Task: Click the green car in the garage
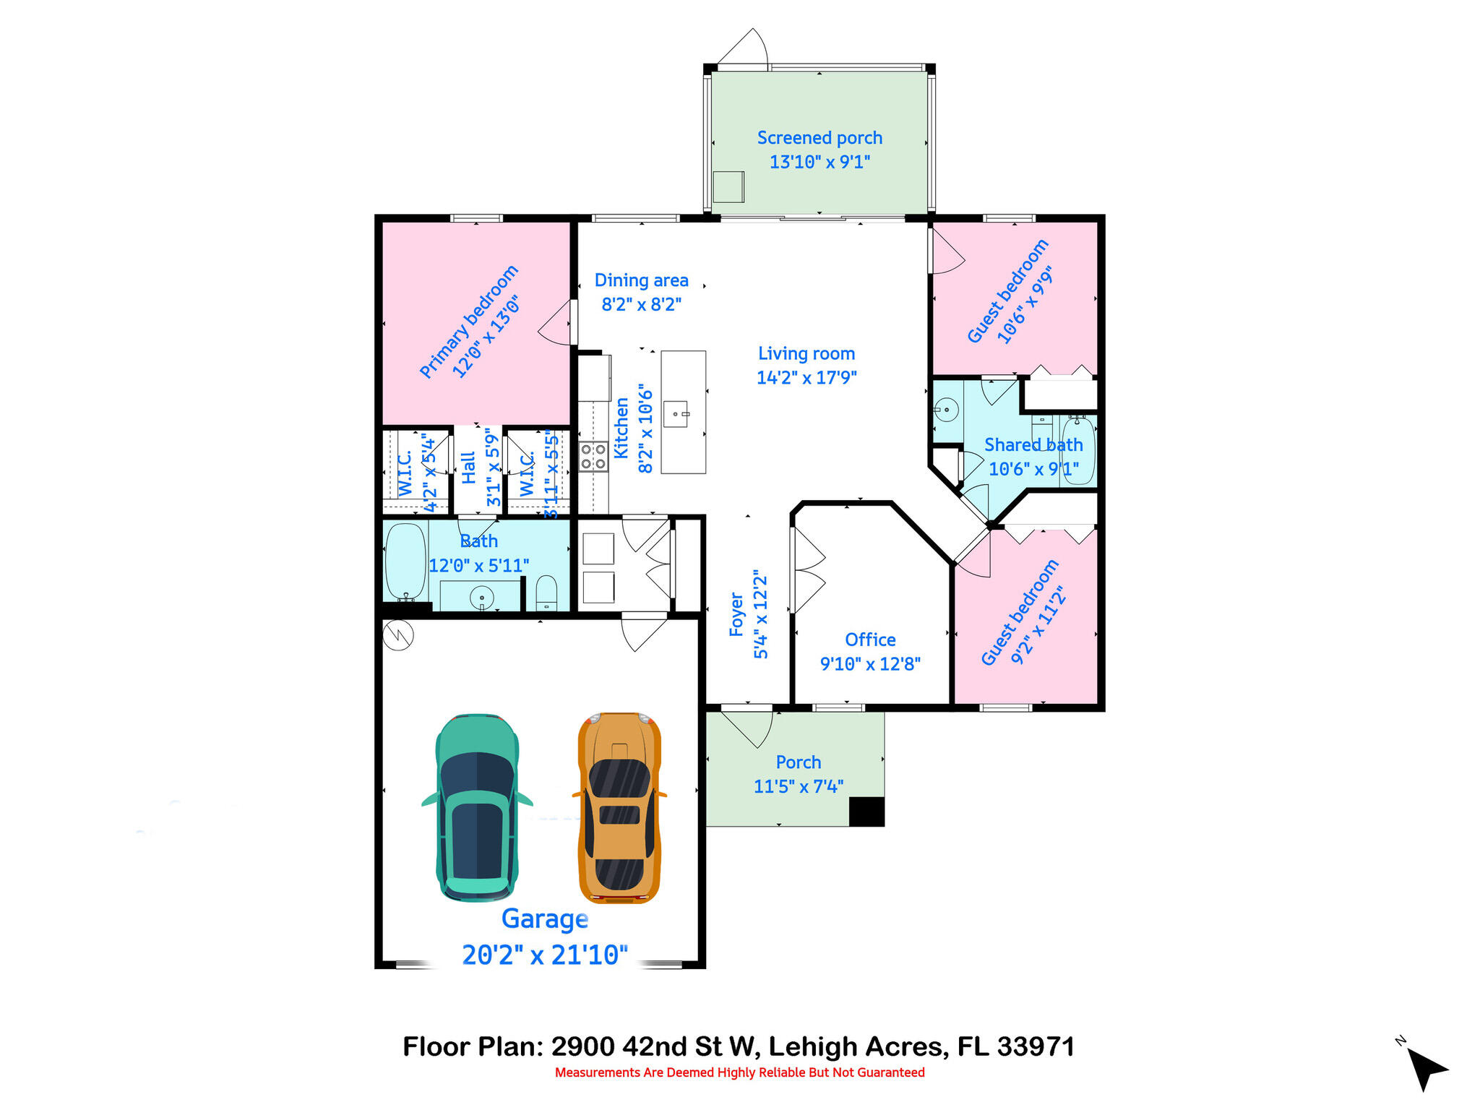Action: pyautogui.click(x=477, y=807)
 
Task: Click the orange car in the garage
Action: pyautogui.click(x=619, y=807)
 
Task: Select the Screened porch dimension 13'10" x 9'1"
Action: pyautogui.click(x=819, y=162)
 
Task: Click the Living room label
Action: pyautogui.click(x=806, y=353)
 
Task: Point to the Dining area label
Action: pyautogui.click(x=641, y=280)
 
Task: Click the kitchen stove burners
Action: pyautogui.click(x=593, y=457)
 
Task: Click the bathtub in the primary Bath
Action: pyautogui.click(x=405, y=562)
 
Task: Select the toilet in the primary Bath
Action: pyautogui.click(x=546, y=593)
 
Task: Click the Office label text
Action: pyautogui.click(x=870, y=640)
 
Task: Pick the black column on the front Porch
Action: pyautogui.click(x=866, y=812)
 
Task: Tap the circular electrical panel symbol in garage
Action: pyautogui.click(x=398, y=635)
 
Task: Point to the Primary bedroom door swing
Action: pyautogui.click(x=556, y=323)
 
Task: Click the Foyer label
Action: pyautogui.click(x=736, y=615)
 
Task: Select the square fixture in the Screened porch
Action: pyautogui.click(x=728, y=186)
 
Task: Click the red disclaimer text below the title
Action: pyautogui.click(x=739, y=1072)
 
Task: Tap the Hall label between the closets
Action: pyautogui.click(x=468, y=468)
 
